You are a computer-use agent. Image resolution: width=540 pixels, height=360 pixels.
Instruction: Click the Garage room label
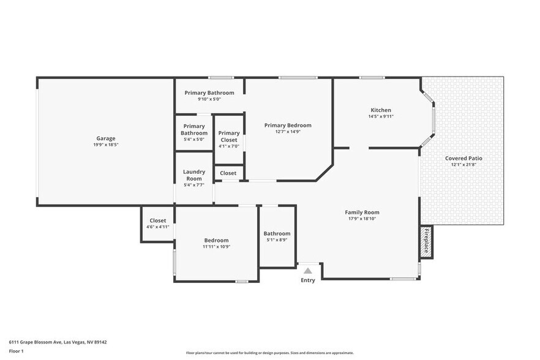coord(105,138)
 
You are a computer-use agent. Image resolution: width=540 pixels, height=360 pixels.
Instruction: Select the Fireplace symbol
coord(426,241)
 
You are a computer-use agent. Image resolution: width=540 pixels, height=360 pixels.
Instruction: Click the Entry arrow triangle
coord(308,271)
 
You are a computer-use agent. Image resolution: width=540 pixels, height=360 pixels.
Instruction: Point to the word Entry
coord(308,280)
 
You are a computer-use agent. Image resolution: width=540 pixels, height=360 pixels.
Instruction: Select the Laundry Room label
coord(194,175)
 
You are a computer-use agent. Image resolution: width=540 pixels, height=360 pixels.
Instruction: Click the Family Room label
coord(362,212)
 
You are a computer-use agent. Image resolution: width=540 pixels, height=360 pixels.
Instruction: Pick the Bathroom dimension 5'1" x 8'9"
coord(277,240)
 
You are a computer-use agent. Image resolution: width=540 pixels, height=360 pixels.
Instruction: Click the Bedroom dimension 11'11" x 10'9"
coord(216,247)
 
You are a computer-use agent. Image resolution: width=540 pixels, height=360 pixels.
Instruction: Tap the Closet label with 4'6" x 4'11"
coord(157,227)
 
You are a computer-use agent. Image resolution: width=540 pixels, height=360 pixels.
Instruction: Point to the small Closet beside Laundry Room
coord(228,173)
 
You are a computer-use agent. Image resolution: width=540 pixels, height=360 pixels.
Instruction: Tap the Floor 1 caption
coord(16,351)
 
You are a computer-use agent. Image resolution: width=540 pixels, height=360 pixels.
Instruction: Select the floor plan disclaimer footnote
coord(269,353)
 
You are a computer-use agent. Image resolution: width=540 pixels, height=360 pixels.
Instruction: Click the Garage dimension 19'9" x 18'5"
coord(105,145)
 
